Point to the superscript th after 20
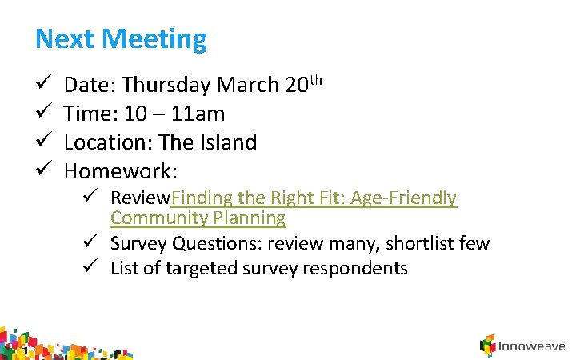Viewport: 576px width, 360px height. point(315,79)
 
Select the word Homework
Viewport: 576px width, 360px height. point(120,171)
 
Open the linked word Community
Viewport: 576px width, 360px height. point(158,218)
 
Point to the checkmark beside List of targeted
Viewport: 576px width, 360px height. point(93,268)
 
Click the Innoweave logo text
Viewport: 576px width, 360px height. point(531,346)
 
